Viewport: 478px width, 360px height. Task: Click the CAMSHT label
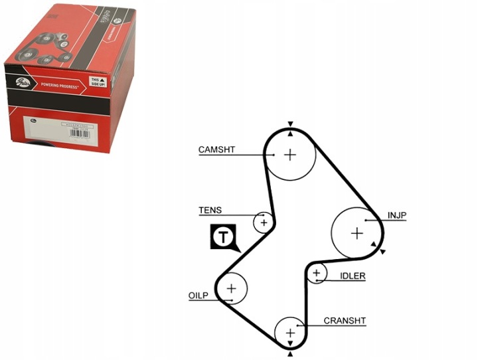pyautogui.click(x=216, y=149)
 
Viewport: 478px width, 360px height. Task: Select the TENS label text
pyautogui.click(x=210, y=211)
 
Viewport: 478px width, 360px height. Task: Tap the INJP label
pyautogui.click(x=397, y=215)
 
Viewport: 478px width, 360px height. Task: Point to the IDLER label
pyautogui.click(x=353, y=276)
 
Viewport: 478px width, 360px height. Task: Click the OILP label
pyautogui.click(x=198, y=295)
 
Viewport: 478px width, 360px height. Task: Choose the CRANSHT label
pyautogui.click(x=345, y=321)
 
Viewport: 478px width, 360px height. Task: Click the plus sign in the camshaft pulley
pyautogui.click(x=290, y=155)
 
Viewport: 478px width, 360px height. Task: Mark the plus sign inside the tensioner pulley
pyautogui.click(x=264, y=222)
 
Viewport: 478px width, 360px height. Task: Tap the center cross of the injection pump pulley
pyautogui.click(x=357, y=233)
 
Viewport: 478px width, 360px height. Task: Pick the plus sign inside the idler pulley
pyautogui.click(x=317, y=272)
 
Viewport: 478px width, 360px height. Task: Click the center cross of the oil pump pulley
pyautogui.click(x=231, y=288)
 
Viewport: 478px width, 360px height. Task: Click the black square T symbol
pyautogui.click(x=224, y=236)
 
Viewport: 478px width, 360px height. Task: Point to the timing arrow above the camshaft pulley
pyautogui.click(x=290, y=125)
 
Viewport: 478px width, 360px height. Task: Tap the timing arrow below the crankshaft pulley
pyautogui.click(x=290, y=355)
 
